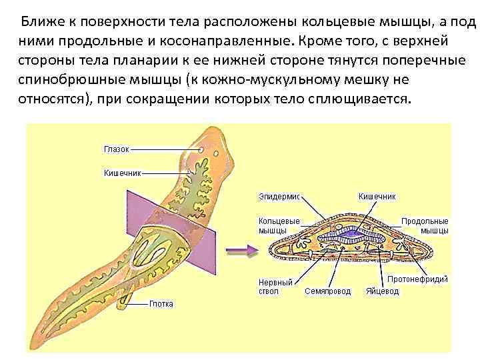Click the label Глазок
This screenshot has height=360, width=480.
[x=116, y=149]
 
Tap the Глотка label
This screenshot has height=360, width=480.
[x=161, y=304]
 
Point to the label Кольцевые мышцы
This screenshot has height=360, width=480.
[x=279, y=225]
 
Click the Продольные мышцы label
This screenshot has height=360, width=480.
[x=425, y=225]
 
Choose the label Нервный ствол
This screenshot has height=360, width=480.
[x=275, y=287]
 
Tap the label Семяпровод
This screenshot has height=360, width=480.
[x=327, y=291]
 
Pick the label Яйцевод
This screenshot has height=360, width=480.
[x=382, y=291]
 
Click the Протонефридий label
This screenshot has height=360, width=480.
[x=418, y=279]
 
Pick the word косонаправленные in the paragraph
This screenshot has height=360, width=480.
[x=224, y=41]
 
